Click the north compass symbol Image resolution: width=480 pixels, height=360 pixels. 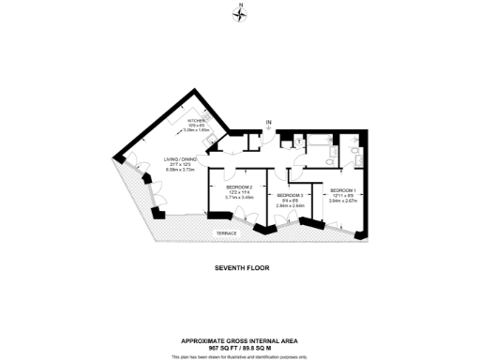[x=240, y=10]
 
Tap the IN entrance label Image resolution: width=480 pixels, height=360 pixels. [x=268, y=122]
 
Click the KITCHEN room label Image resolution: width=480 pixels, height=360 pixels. [x=196, y=121]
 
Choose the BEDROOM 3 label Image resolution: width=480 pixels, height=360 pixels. [x=289, y=193]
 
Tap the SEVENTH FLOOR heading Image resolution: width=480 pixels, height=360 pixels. [x=242, y=267]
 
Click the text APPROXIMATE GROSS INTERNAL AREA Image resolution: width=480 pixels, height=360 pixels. [x=240, y=340]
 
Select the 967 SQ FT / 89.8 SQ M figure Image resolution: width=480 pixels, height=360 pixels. [x=240, y=348]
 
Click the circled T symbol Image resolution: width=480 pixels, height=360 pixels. [x=298, y=141]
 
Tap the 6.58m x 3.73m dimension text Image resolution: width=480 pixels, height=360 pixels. [x=179, y=170]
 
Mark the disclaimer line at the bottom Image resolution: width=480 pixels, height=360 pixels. [x=240, y=356]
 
